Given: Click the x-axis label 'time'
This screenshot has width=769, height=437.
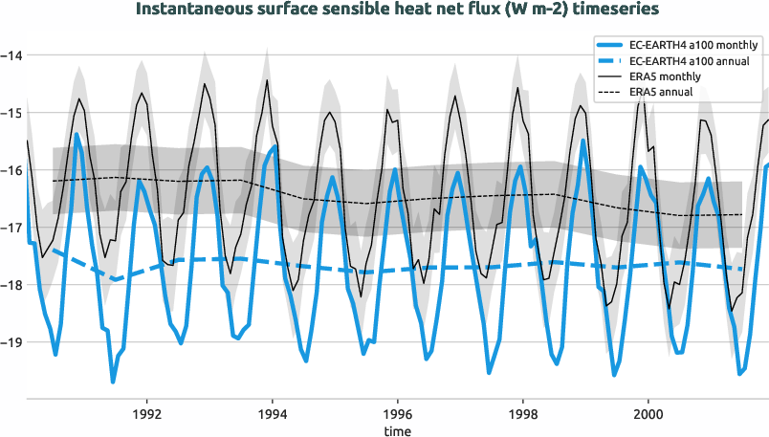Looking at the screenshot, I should (397, 431).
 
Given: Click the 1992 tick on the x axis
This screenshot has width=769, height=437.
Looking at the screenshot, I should (147, 416).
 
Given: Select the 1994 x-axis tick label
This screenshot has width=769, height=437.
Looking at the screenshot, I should (273, 416).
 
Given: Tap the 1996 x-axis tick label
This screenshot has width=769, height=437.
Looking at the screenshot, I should (398, 416).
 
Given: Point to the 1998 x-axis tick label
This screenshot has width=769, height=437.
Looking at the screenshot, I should (523, 416).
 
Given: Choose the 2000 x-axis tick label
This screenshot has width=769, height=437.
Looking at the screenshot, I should (648, 416).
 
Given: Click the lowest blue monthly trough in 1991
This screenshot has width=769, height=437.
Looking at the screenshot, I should (113, 382).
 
